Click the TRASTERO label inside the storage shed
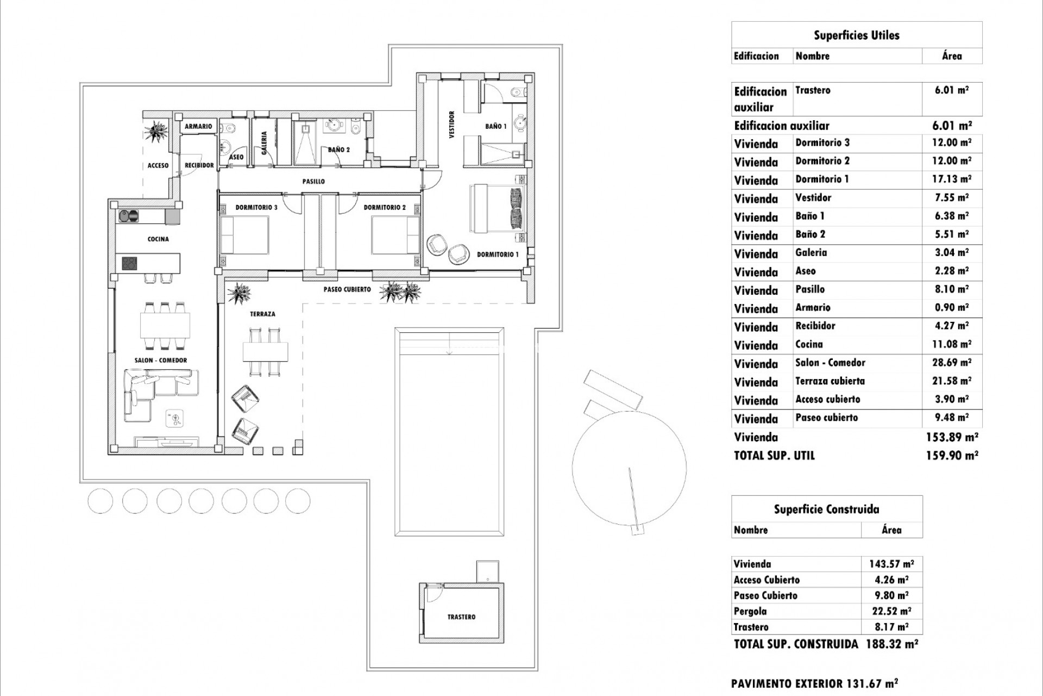[x=461, y=617]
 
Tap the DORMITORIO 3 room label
[x=256, y=207]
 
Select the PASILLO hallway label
[x=313, y=182]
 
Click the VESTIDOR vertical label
[x=451, y=125]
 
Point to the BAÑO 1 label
[x=495, y=126]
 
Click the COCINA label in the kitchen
[x=158, y=239]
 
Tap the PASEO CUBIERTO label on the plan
[x=347, y=289]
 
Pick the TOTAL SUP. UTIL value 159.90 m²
[x=952, y=456]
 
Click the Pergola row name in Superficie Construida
[x=750, y=611]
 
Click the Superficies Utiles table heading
[x=856, y=35]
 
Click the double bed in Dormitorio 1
[x=497, y=209]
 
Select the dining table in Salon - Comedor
[x=165, y=326]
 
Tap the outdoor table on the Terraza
[x=266, y=352]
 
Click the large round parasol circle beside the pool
[x=629, y=468]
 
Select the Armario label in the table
[x=813, y=308]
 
